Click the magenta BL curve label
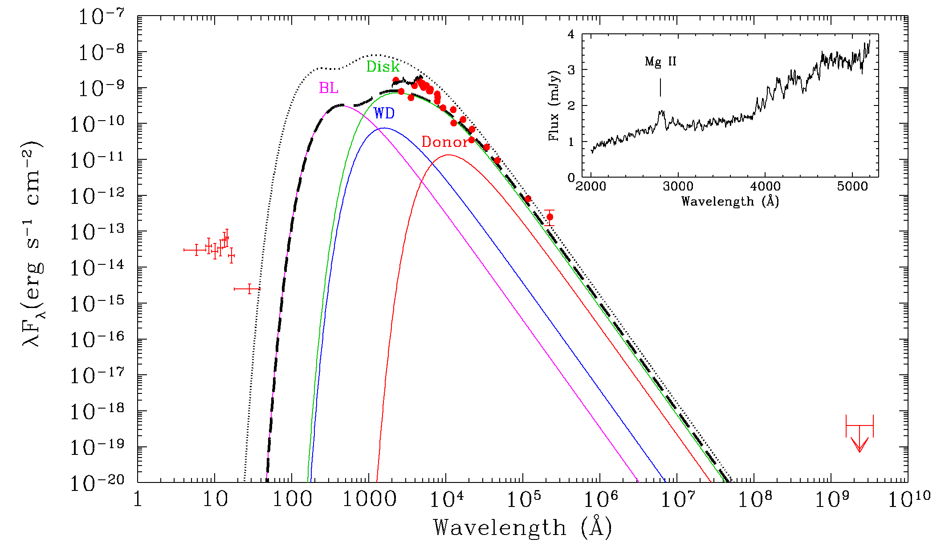[x=329, y=88]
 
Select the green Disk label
[x=383, y=67]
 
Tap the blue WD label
[x=384, y=113]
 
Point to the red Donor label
[x=444, y=142]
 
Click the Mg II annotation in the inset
[x=660, y=61]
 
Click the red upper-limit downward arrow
[x=860, y=443]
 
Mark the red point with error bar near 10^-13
[x=550, y=217]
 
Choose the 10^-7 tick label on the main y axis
[x=102, y=17]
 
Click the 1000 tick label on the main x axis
[x=369, y=499]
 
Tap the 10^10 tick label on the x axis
[x=908, y=498]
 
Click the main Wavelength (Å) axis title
[x=522, y=528]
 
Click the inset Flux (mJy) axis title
[x=554, y=105]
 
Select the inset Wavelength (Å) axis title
[x=730, y=202]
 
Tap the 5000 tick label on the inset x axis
[x=852, y=186]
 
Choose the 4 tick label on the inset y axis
[x=570, y=34]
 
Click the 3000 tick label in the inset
[x=678, y=186]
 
